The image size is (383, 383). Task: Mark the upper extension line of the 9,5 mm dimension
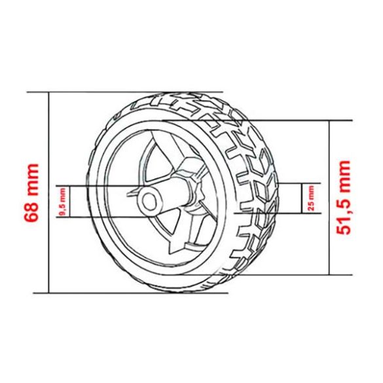[98, 184]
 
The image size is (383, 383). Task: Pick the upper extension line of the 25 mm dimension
[291, 183]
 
